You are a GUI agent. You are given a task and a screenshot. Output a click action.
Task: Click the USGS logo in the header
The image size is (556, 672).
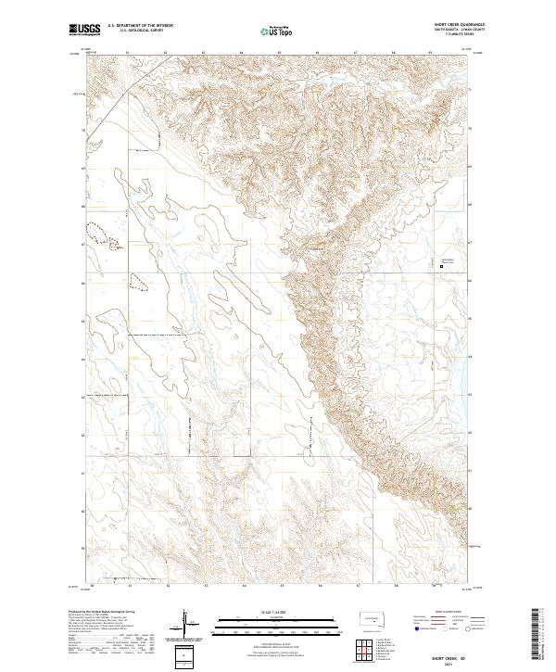tap(85, 30)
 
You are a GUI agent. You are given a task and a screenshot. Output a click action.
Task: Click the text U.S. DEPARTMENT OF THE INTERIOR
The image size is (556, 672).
tap(141, 26)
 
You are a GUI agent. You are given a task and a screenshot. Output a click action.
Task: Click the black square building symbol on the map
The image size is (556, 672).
tap(441, 268)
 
